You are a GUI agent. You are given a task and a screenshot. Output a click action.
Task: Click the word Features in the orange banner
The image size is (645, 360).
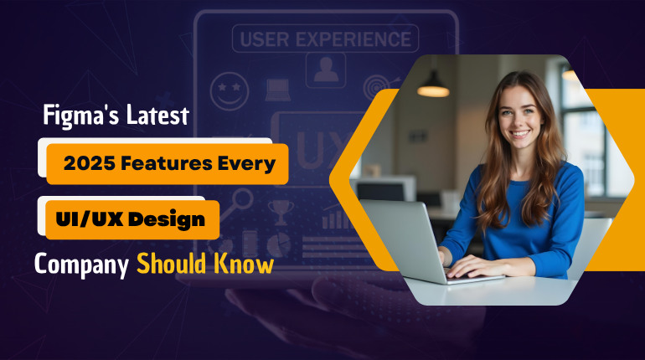click(x=166, y=163)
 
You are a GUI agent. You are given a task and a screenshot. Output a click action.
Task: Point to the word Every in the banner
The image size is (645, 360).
click(x=246, y=164)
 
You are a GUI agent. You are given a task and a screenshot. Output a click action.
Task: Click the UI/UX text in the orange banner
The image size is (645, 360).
click(x=90, y=219)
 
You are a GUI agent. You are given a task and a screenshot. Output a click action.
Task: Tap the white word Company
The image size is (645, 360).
click(x=81, y=265)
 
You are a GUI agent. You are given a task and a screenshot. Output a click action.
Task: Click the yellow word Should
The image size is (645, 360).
click(x=171, y=263)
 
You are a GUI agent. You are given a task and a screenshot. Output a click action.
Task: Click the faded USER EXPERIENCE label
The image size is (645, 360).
click(x=325, y=39)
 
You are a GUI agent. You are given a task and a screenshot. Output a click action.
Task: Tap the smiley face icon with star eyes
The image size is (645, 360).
click(x=230, y=91)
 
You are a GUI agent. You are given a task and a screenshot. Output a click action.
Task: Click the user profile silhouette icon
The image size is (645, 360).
click(x=326, y=69)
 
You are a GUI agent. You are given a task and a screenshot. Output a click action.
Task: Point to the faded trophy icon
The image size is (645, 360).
click(x=281, y=213)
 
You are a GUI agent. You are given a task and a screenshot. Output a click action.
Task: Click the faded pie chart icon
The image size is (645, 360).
click(x=278, y=245)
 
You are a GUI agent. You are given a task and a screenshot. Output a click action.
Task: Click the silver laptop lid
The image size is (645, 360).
click(x=403, y=239)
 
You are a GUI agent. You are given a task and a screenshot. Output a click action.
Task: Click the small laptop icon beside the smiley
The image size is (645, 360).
click(x=277, y=90)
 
